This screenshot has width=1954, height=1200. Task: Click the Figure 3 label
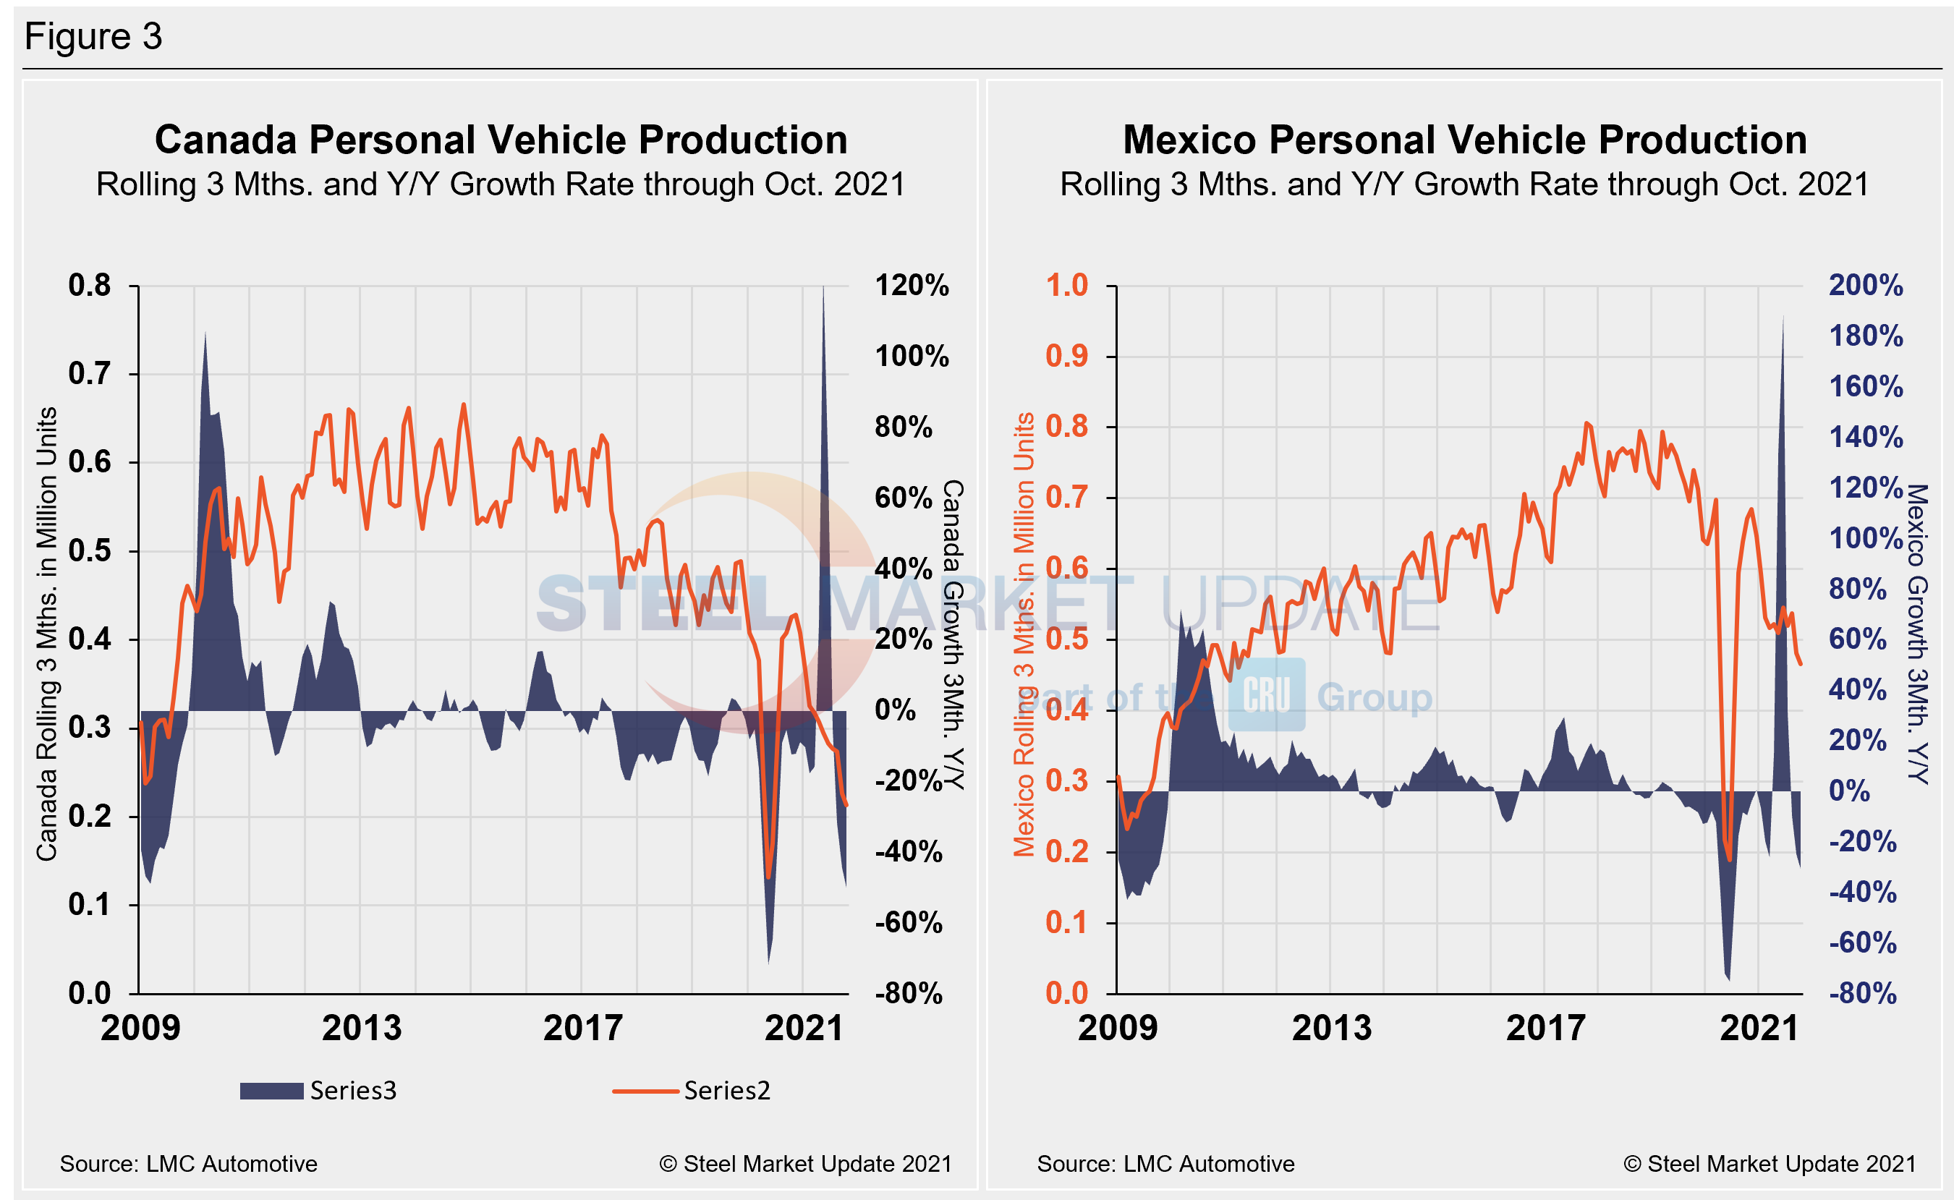(93, 36)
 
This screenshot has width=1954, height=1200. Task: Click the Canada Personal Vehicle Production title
(501, 140)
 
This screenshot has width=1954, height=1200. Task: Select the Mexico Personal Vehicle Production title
(1464, 140)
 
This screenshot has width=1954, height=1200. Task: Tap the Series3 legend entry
(318, 1091)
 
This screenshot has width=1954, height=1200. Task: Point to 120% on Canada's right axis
(911, 286)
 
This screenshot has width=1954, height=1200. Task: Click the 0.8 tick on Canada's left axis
(90, 286)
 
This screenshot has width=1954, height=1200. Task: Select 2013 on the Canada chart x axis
(361, 1029)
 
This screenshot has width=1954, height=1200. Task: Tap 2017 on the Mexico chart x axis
(1545, 1029)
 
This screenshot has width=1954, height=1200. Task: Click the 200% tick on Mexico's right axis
(1865, 286)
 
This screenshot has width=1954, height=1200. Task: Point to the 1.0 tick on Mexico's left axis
(1066, 286)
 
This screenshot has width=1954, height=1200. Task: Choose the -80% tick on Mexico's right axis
(1862, 994)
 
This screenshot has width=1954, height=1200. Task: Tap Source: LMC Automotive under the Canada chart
(188, 1164)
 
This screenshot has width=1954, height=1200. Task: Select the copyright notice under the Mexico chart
(1769, 1164)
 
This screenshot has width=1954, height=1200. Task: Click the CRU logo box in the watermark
(1266, 694)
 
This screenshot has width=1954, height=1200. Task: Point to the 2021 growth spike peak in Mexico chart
(1783, 318)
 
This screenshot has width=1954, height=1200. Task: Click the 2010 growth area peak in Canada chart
(205, 333)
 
